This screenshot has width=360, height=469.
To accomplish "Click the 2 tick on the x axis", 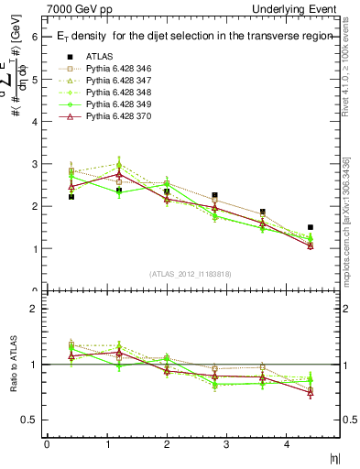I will [x=166, y=444].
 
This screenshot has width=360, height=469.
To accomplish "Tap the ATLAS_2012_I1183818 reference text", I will [x=190, y=274].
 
